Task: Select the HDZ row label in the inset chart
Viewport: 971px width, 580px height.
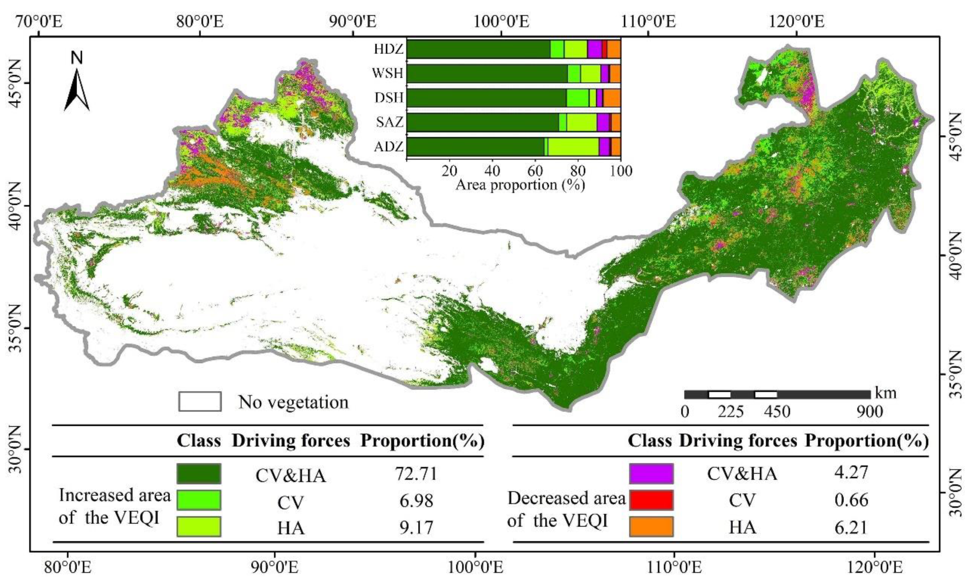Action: pyautogui.click(x=388, y=49)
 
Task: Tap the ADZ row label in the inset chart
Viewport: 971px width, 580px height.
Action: pyautogui.click(x=388, y=147)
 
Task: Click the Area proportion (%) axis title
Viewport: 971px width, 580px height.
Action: pyautogui.click(x=520, y=184)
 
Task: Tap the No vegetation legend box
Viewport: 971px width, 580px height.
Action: pyautogui.click(x=200, y=402)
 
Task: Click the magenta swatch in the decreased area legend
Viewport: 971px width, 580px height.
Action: pyautogui.click(x=651, y=473)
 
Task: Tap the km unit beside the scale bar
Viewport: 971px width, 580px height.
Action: pyautogui.click(x=885, y=392)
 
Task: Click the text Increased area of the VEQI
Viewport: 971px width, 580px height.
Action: pyautogui.click(x=114, y=506)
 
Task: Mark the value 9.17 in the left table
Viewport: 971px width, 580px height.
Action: pyautogui.click(x=416, y=527)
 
